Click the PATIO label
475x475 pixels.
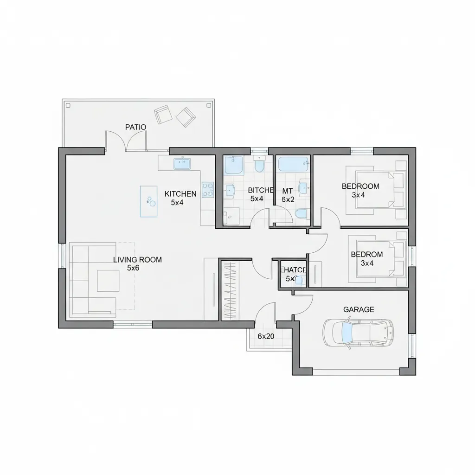click(x=135, y=127)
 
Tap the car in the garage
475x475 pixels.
click(x=359, y=333)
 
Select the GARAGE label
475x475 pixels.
click(x=359, y=309)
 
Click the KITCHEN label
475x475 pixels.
click(x=180, y=194)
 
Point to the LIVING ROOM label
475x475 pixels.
click(x=138, y=260)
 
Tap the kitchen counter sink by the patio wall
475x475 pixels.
click(x=182, y=163)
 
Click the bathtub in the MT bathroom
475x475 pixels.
click(x=293, y=163)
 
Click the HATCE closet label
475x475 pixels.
click(x=294, y=270)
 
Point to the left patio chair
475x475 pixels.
click(x=162, y=114)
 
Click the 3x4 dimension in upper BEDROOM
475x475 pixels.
click(x=358, y=195)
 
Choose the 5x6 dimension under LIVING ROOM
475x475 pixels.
click(x=133, y=268)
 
